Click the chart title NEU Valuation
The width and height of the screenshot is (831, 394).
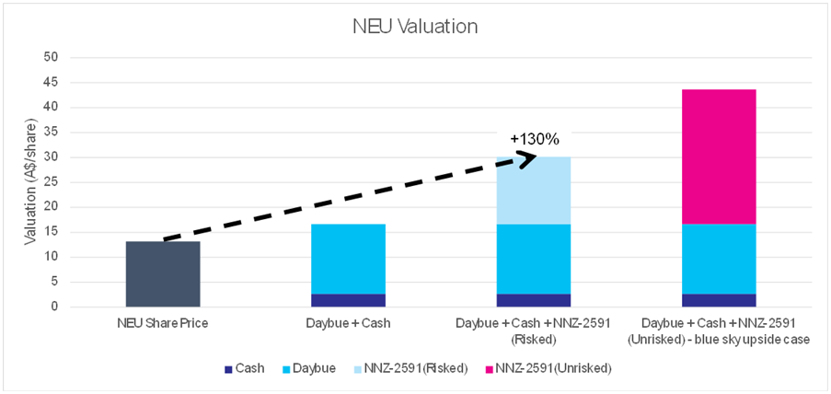coord(415,26)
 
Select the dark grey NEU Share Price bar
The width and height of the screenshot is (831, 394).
coord(162,273)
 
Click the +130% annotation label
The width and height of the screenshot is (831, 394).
coord(535,139)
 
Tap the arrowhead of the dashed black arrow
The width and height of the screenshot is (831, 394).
coord(530,158)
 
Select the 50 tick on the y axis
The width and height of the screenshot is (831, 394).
coord(52,57)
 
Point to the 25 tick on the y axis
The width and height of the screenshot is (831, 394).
coord(52,182)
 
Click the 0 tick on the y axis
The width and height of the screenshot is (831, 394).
coord(55,307)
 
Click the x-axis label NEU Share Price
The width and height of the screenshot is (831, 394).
coord(162,323)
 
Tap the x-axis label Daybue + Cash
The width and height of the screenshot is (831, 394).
coord(347,323)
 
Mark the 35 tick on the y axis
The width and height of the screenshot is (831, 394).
coord(52,132)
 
